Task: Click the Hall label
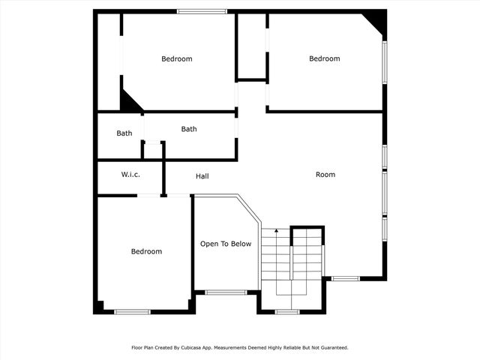(x=202, y=176)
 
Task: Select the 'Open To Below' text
(x=225, y=244)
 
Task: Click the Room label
(x=325, y=175)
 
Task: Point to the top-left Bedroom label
(x=177, y=59)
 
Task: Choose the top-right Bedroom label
(x=325, y=58)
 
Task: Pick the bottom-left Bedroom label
(x=146, y=251)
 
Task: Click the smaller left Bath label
(x=124, y=133)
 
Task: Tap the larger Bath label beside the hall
(x=189, y=129)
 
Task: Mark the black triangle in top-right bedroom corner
(x=376, y=22)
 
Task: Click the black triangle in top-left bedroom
(x=130, y=103)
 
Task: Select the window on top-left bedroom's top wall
(x=202, y=11)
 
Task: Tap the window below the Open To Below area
(x=226, y=292)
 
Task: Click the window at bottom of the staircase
(x=286, y=311)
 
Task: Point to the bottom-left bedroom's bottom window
(x=132, y=311)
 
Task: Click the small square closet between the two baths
(x=153, y=149)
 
